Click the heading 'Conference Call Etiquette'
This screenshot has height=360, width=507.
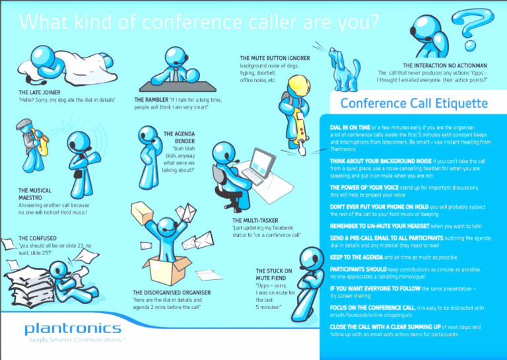tap(414, 104)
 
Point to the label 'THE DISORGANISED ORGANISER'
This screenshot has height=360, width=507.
tap(172, 292)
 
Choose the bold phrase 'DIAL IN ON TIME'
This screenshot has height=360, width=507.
tap(350, 126)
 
